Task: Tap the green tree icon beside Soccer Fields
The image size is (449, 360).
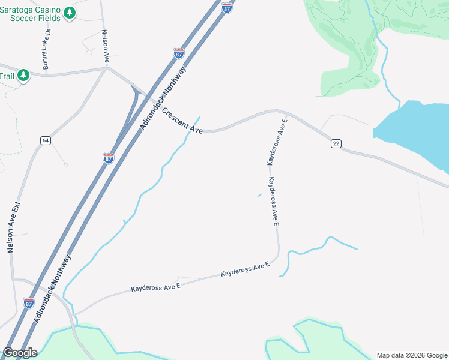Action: pyautogui.click(x=70, y=13)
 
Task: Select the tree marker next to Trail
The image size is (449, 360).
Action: pyautogui.click(x=23, y=76)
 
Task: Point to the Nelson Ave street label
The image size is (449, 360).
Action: pyautogui.click(x=105, y=47)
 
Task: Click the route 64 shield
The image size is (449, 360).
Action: pyautogui.click(x=46, y=140)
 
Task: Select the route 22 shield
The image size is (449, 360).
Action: pyautogui.click(x=336, y=143)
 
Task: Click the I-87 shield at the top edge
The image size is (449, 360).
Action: pyautogui.click(x=227, y=7)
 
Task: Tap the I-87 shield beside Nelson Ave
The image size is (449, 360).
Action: pyautogui.click(x=178, y=53)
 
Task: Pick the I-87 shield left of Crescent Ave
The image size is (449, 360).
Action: pyautogui.click(x=108, y=158)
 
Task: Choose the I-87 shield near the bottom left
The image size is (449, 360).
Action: pyautogui.click(x=29, y=303)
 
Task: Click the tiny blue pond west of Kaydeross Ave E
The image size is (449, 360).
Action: pyautogui.click(x=259, y=195)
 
